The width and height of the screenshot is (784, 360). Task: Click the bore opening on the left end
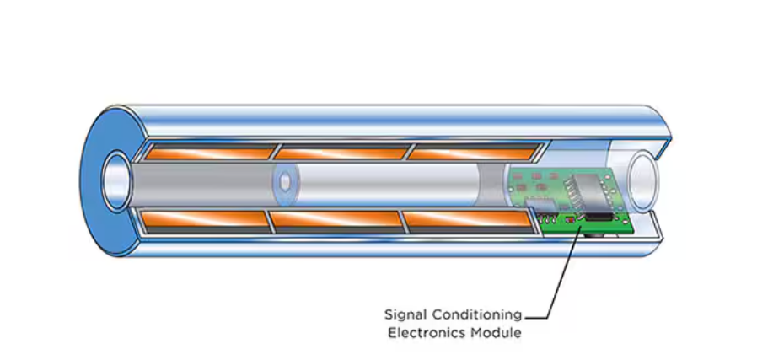[x=114, y=180]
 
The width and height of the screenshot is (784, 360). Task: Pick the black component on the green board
[x=599, y=217]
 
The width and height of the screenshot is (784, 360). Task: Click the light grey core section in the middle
[x=379, y=184]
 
